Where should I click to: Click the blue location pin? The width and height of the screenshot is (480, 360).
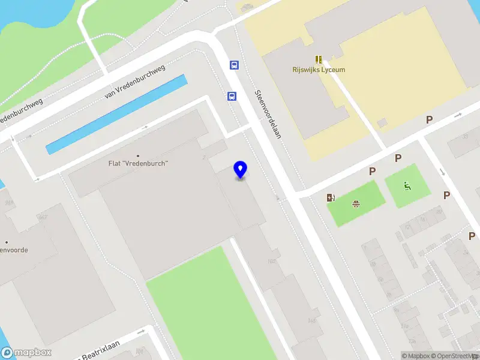point(241,170)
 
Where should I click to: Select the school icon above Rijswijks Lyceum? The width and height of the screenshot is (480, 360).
point(319,59)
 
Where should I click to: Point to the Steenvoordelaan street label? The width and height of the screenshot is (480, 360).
point(268,114)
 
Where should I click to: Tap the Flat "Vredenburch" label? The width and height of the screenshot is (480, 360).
point(137,163)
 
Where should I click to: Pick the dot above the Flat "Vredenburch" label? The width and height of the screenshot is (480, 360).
point(137,155)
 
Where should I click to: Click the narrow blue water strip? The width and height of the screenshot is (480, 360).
point(116,114)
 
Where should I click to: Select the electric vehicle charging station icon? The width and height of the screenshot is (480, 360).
point(331,198)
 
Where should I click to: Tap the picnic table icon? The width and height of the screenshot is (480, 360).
point(356,203)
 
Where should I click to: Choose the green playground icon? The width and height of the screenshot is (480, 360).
point(408,186)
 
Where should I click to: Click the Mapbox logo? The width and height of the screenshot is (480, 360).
point(26,353)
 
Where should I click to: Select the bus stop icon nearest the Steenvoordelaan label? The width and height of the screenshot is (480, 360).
point(231,96)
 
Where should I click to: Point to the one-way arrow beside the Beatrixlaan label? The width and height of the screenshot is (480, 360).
point(142,331)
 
